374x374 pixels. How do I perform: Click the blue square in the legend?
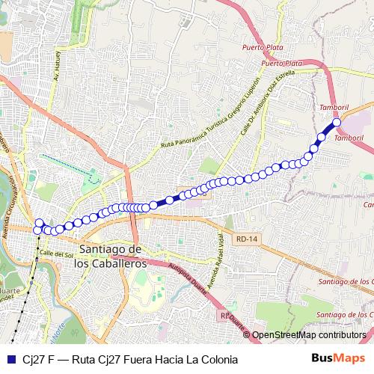[10, 359]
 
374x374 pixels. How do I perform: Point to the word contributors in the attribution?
[340, 336]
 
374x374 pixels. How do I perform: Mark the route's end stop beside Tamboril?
[337, 122]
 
